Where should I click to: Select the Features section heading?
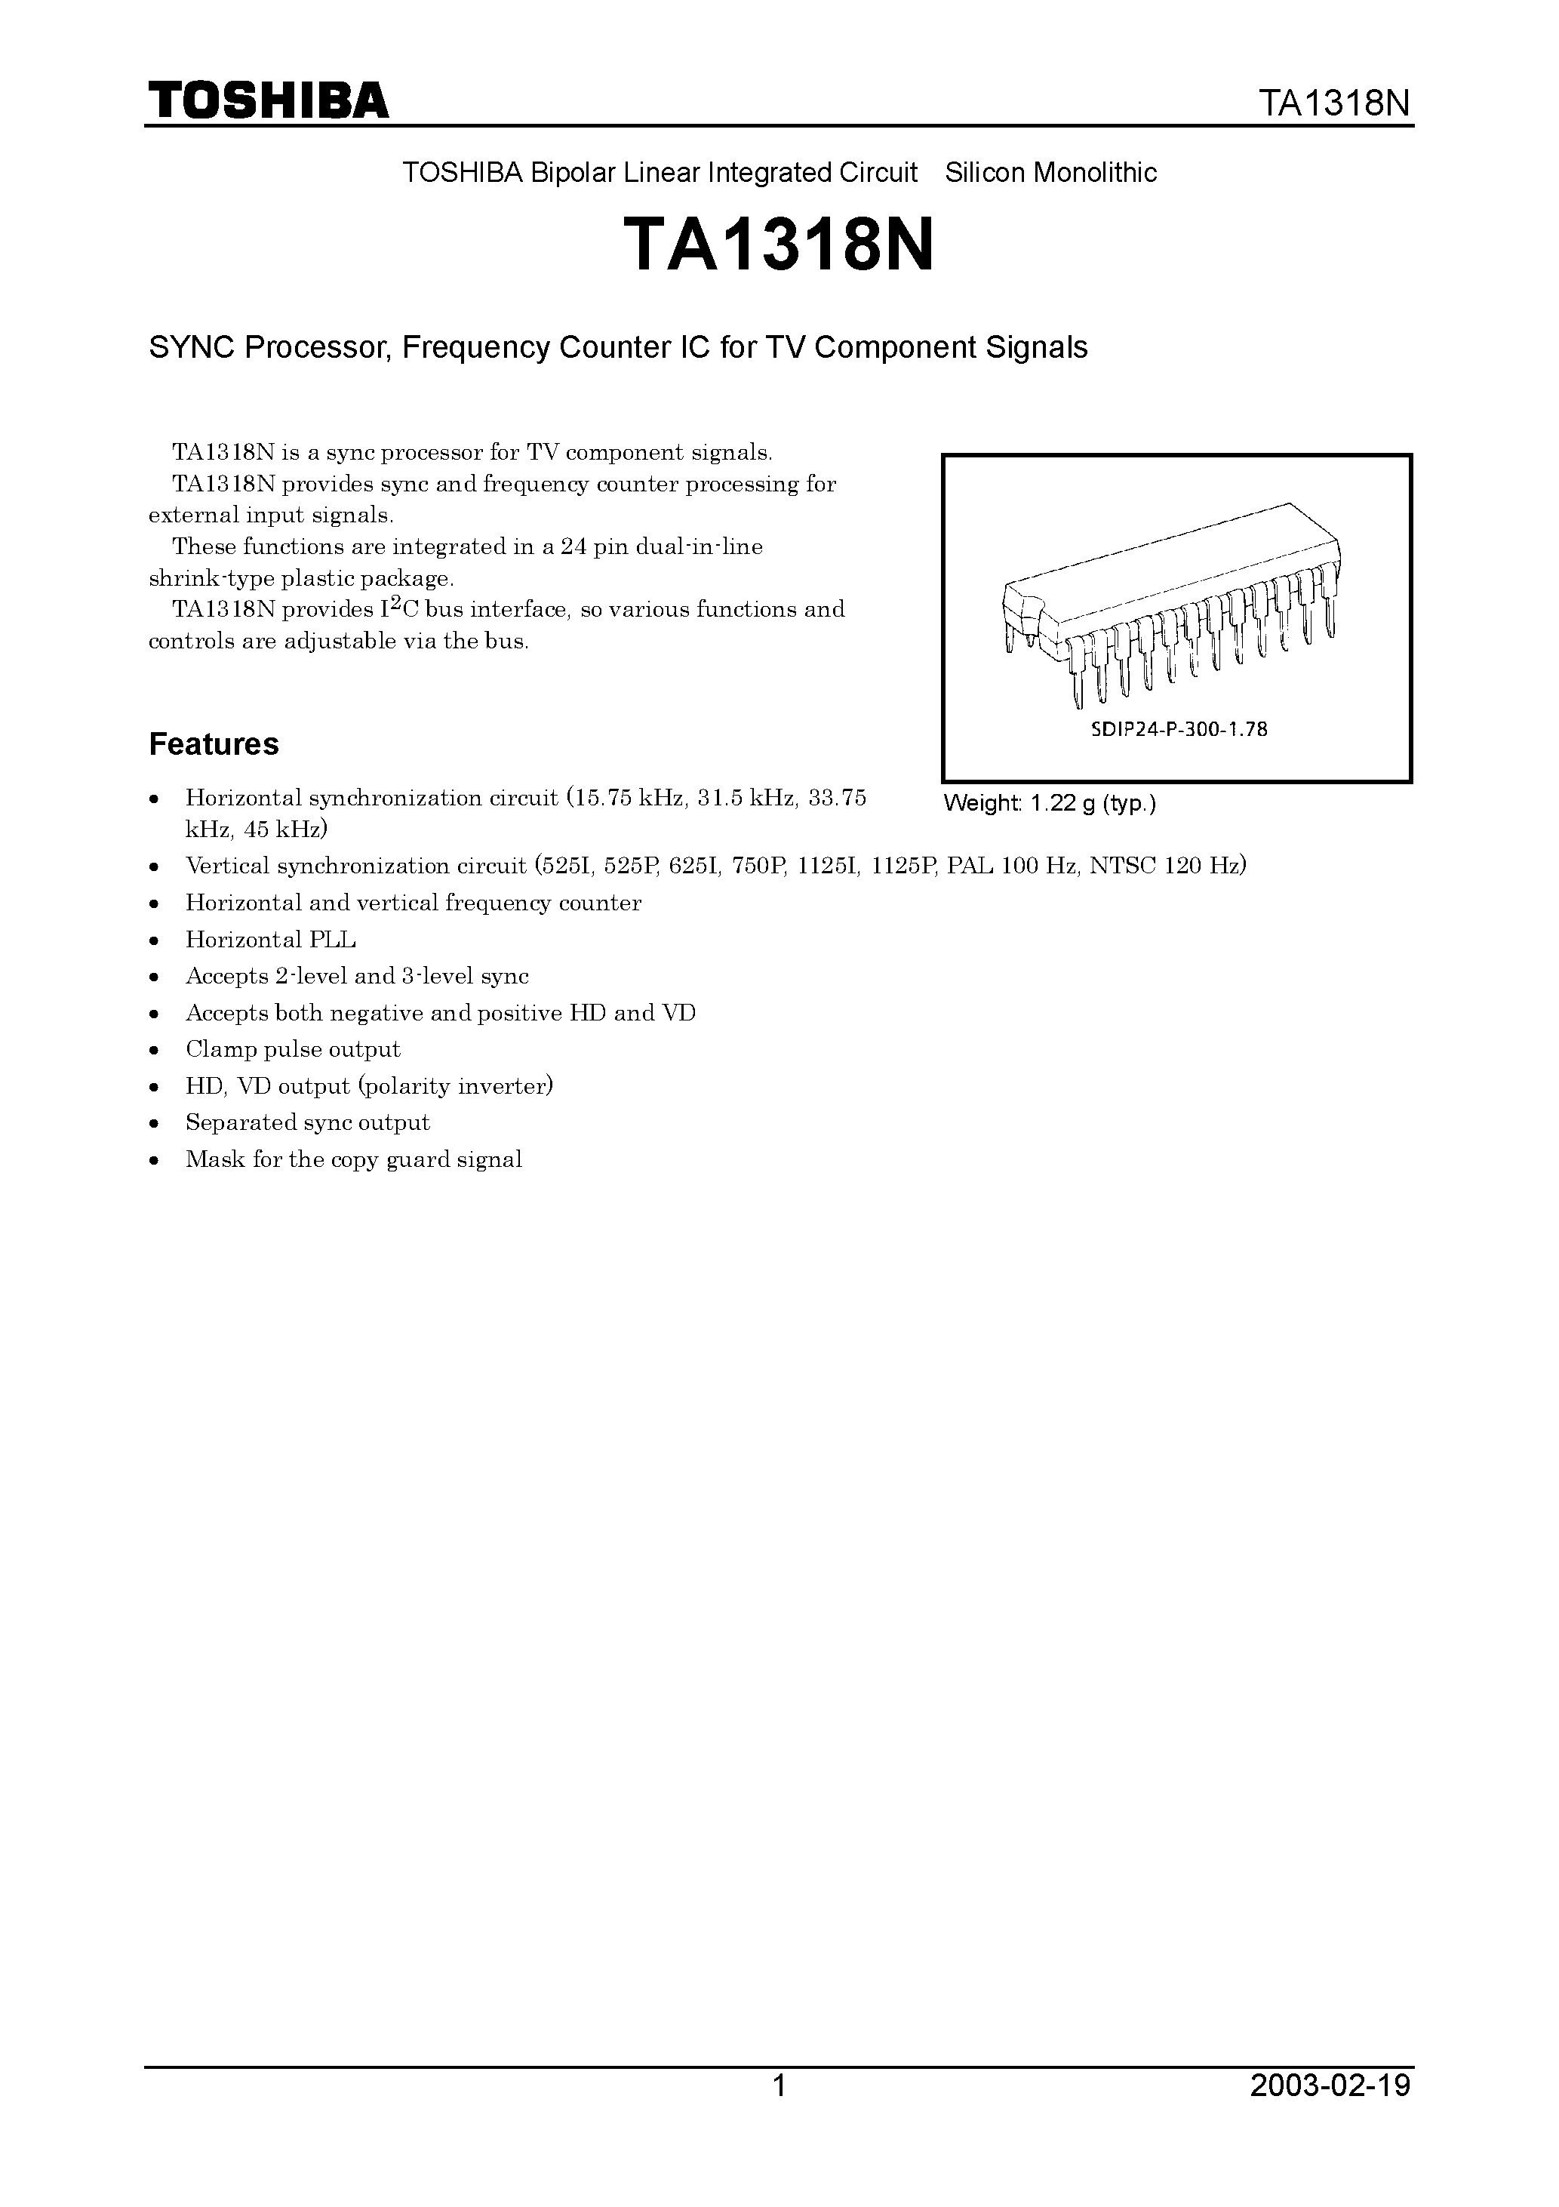click(x=214, y=744)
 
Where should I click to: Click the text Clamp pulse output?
click(x=292, y=1048)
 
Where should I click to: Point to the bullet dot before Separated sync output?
click(x=155, y=1124)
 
